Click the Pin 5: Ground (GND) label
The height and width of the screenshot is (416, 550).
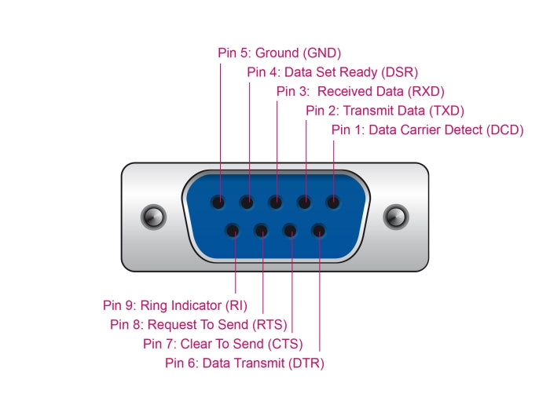point(279,54)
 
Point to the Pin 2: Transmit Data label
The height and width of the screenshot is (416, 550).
point(385,111)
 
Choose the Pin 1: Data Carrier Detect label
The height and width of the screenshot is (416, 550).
point(427,130)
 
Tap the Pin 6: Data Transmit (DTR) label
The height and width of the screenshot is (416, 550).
point(244,363)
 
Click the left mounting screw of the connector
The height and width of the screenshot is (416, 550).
point(149,216)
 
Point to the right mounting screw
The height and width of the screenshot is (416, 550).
point(394,216)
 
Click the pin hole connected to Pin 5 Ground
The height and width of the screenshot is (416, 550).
point(220,203)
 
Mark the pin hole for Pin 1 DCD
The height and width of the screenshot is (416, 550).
point(333,203)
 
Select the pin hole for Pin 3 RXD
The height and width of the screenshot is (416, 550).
point(277,203)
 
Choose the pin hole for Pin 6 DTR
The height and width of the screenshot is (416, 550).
point(319,231)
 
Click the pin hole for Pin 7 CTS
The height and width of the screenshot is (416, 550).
point(291,231)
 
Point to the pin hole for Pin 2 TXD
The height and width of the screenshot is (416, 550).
point(305,203)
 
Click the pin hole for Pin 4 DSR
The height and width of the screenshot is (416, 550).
point(248,203)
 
